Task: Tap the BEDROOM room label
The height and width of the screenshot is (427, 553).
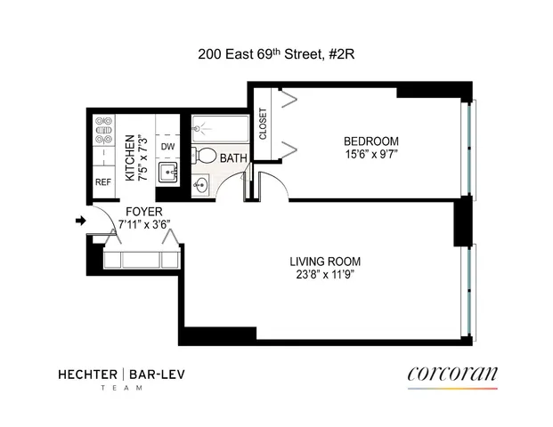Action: (370, 141)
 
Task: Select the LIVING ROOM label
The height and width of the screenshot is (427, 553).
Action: (325, 262)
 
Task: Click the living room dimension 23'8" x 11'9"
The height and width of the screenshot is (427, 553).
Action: (325, 275)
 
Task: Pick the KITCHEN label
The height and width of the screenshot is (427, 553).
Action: (129, 157)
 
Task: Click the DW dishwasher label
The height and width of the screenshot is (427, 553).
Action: (167, 147)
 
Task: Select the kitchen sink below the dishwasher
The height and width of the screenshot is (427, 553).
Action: (167, 172)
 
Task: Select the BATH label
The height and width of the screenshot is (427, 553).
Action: (234, 158)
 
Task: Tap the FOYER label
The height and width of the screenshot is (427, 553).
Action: (143, 213)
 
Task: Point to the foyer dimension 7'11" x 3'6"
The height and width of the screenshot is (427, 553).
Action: (143, 225)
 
